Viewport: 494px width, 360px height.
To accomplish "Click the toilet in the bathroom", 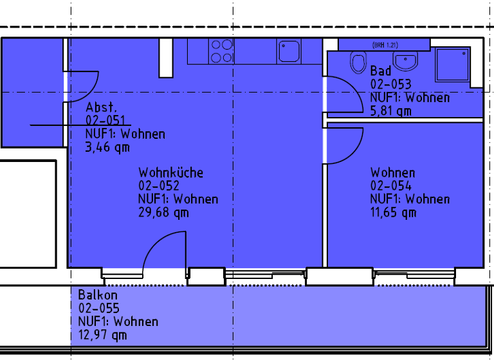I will (358, 63).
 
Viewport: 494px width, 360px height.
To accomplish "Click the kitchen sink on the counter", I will (289, 51).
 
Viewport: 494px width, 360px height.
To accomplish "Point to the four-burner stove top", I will (221, 51).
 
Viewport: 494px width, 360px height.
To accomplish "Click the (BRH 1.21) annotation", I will (384, 44).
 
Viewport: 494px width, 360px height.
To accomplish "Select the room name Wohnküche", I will (170, 172).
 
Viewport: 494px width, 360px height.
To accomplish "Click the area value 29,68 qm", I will (164, 212).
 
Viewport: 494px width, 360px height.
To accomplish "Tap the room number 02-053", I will (390, 84).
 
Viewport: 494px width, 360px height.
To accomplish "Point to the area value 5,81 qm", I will (390, 111).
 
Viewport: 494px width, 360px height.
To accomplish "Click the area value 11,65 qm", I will (393, 212).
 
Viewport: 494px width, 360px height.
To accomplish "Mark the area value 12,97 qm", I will (103, 334).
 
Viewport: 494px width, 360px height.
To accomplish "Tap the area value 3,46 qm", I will (107, 147).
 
